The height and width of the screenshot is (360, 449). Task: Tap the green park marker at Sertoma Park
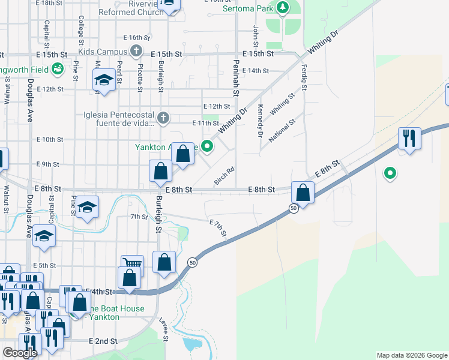tap(283, 8)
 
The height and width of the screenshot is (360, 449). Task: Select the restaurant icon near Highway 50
tap(409, 139)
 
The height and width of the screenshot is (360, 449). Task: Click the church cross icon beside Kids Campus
tap(136, 51)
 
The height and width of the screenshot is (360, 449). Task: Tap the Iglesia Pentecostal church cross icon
tap(163, 116)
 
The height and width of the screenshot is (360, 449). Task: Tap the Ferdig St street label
tap(304, 76)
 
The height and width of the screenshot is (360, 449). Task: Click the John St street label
tap(255, 35)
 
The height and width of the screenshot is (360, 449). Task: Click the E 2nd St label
tap(103, 341)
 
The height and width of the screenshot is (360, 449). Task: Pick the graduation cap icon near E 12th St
tap(104, 80)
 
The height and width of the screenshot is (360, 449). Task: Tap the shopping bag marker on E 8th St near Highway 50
tap(303, 193)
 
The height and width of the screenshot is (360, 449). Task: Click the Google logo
tap(20, 353)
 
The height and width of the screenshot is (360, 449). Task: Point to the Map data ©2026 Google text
tap(411, 355)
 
